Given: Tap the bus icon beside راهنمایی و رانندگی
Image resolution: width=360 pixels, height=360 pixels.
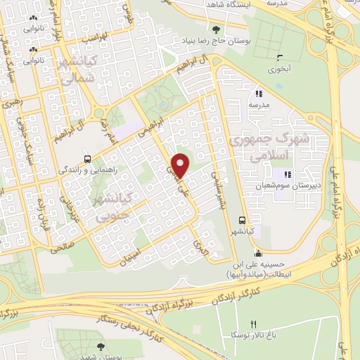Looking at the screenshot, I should click(86, 159).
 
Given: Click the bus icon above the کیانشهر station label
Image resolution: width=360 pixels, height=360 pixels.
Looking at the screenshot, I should click(242, 219).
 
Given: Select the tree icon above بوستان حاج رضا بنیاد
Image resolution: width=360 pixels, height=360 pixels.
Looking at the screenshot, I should click(216, 29).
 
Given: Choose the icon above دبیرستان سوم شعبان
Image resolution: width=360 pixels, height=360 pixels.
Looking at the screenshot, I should click(286, 174).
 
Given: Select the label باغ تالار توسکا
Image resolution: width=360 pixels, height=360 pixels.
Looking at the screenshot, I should click(251, 335).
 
